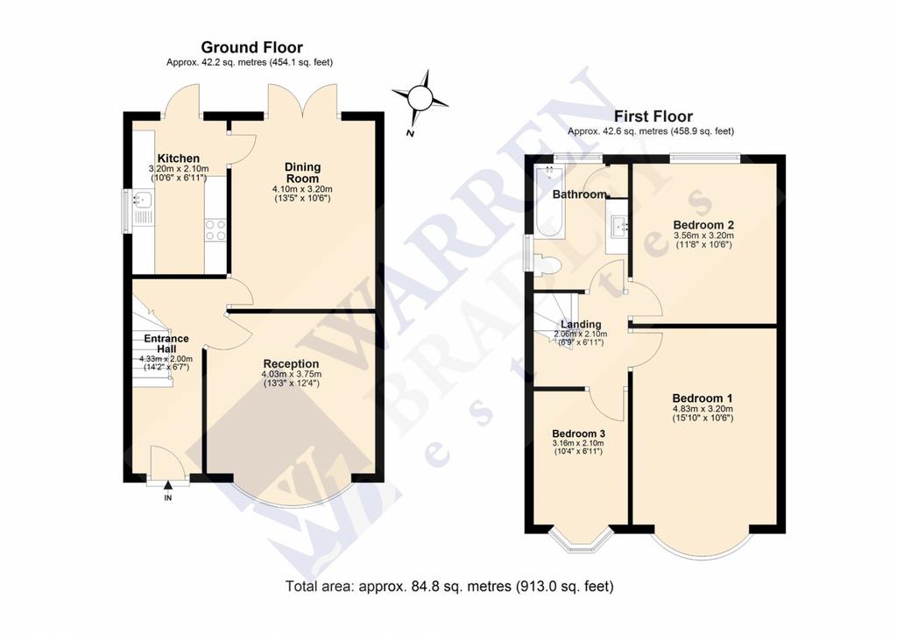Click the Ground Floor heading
(x=251, y=47)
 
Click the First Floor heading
(x=653, y=116)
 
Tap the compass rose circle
(x=421, y=98)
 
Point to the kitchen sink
(x=141, y=200)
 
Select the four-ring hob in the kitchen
(x=215, y=229)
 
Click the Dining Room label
(x=302, y=173)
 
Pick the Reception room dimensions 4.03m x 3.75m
(x=291, y=375)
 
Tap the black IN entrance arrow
(x=167, y=485)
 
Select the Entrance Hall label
(x=166, y=343)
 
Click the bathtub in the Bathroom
(x=550, y=201)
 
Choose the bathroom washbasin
(x=618, y=227)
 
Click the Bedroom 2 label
(x=703, y=225)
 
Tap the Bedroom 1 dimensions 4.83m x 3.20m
(x=703, y=409)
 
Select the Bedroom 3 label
(x=578, y=434)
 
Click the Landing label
(x=581, y=325)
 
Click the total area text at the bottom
(x=449, y=587)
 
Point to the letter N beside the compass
(x=410, y=134)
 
